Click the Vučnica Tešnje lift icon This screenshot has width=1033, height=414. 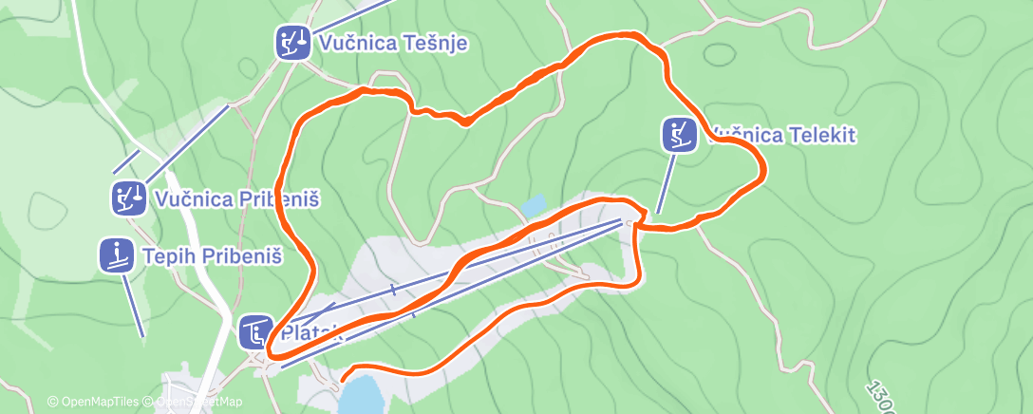[x=291, y=43]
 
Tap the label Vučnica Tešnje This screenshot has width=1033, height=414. [x=394, y=44]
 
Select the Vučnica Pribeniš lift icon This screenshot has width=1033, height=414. [x=127, y=198]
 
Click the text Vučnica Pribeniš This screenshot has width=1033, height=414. [x=235, y=199]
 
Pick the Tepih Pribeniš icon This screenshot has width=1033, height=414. [x=116, y=255]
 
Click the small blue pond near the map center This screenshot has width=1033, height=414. [x=534, y=204]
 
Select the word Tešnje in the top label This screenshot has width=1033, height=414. [x=434, y=44]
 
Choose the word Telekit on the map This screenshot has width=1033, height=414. [x=820, y=135]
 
